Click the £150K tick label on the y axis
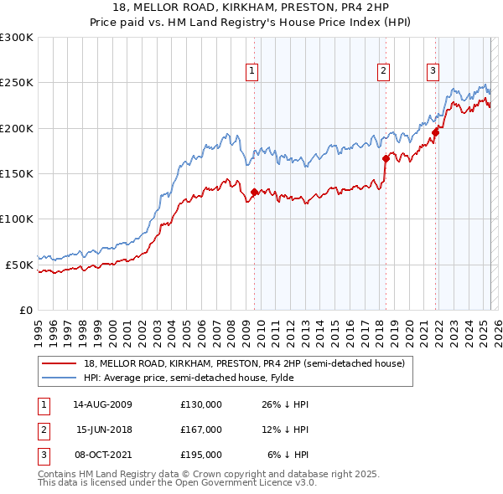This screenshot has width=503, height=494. (17, 173)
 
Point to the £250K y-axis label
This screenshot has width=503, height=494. (17, 83)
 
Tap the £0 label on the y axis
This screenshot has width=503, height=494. (25, 310)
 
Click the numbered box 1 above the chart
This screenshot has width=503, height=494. (252, 71)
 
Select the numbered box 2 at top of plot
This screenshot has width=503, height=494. (383, 71)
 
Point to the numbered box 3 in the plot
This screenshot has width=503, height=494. (433, 71)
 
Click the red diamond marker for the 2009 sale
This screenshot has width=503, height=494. (254, 193)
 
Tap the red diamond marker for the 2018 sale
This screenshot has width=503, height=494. (386, 158)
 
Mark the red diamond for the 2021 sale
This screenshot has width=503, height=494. (435, 132)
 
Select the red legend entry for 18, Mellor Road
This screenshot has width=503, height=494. (243, 363)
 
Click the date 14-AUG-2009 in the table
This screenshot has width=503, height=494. (102, 404)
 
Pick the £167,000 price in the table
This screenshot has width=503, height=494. (201, 430)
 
